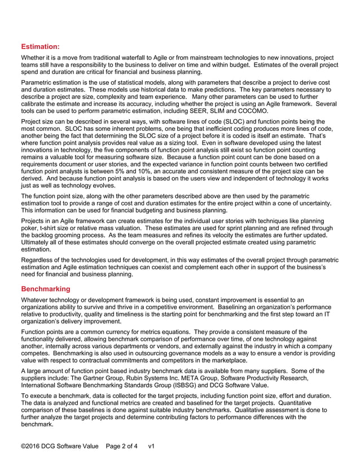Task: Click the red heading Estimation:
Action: click(40, 47)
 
